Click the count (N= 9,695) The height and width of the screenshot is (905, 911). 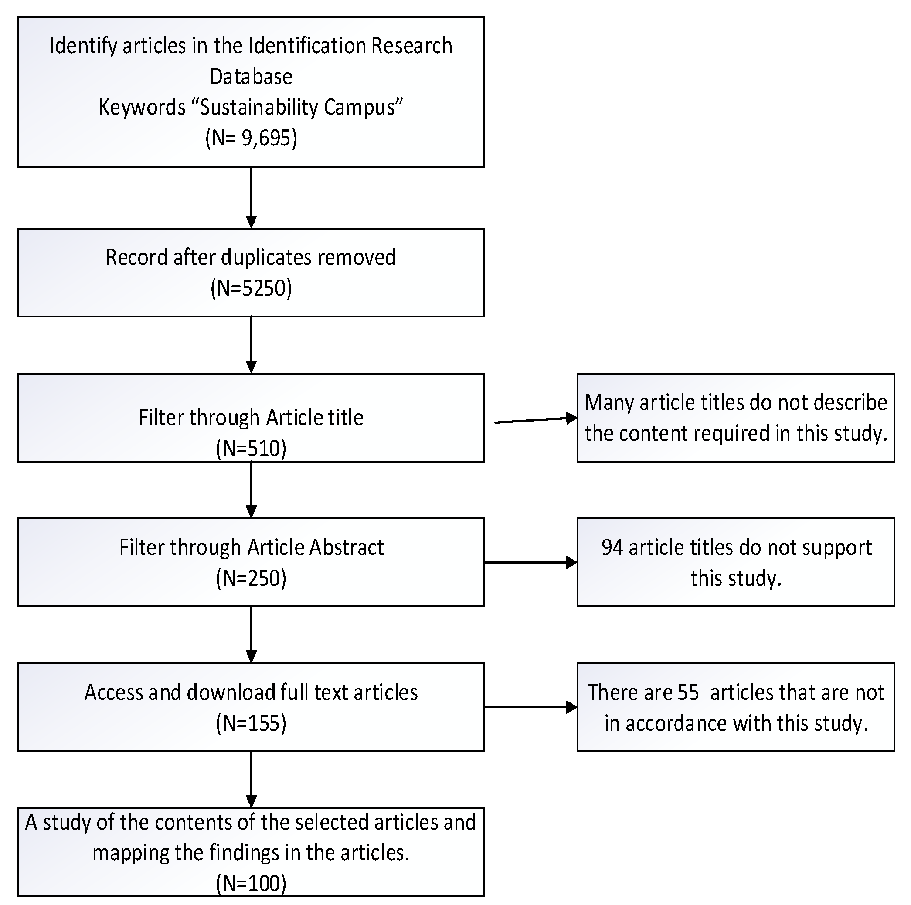pos(251,138)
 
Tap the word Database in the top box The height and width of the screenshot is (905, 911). pos(251,77)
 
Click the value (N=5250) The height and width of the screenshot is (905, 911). pos(251,288)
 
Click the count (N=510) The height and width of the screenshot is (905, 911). pos(251,448)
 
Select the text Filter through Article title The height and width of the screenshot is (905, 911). pos(251,418)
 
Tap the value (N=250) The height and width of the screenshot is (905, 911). pos(251,578)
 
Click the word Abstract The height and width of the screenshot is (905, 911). pos(346,547)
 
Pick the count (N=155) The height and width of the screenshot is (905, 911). pos(251,723)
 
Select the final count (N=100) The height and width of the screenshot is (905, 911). pos(251,883)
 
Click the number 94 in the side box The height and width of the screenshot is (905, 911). pos(612,547)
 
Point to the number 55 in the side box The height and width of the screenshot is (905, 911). pos(688,692)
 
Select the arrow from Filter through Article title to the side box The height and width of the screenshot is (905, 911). pos(535,420)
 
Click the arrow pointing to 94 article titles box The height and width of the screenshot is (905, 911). pos(530,562)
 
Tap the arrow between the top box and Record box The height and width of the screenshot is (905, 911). pos(252,198)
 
